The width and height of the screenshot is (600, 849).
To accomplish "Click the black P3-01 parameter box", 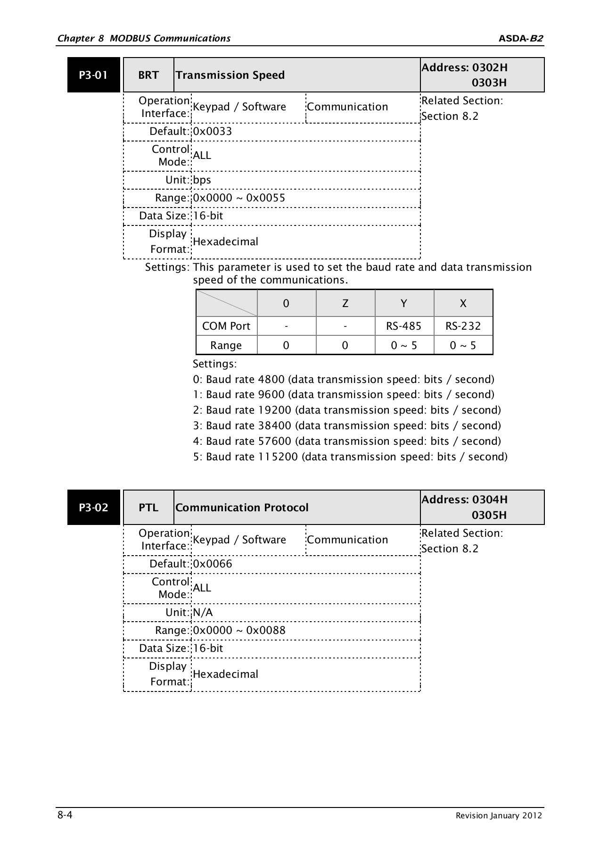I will coord(93,75).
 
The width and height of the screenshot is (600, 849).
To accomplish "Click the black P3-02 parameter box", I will coord(93,508).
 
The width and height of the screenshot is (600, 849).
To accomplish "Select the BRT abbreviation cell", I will coord(148,75).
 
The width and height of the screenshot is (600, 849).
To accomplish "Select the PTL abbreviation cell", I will coord(148,508).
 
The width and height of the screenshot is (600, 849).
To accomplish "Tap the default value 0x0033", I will coord(213,132).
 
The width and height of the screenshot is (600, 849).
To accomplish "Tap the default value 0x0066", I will coord(213,564).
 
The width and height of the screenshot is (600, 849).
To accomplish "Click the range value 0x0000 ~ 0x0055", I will coord(239,198).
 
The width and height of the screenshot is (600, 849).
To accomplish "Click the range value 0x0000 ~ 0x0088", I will coord(239,631).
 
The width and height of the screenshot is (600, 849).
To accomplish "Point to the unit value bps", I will coord(202,180).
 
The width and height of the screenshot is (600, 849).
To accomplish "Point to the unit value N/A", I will coord(203,613).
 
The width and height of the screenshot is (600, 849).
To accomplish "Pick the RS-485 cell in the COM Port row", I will coord(404,326).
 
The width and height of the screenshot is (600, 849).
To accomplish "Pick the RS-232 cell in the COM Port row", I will coord(463,326).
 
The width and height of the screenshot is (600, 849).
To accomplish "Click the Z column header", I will coord(345,303).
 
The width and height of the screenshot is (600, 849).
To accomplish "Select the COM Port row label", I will coord(226,326).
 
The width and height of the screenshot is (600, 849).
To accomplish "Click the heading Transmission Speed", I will coord(230,75).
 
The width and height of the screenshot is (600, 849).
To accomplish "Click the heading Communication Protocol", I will coord(242,508).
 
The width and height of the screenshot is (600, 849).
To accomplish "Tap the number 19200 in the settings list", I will coord(275,410).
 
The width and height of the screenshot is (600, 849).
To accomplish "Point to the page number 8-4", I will coord(65,815).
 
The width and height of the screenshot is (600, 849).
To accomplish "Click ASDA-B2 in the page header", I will coord(521,39).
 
